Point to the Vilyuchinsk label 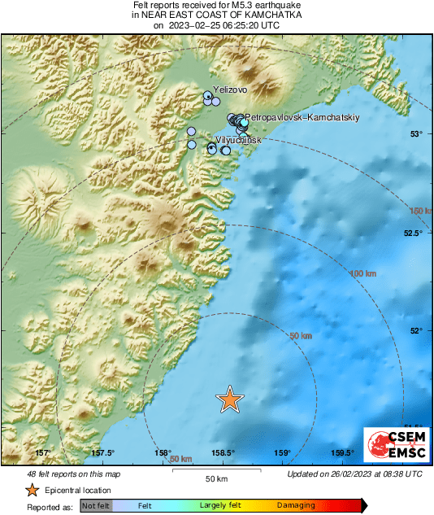pos(232,141)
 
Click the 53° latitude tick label pos(416,134)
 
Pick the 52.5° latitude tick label pos(414,233)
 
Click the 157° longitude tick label pos(43,453)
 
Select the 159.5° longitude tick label pos(343,453)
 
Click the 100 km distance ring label pos(362,273)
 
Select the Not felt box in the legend pos(95,505)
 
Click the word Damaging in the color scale pos(296,505)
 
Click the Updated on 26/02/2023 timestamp pos(355,474)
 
